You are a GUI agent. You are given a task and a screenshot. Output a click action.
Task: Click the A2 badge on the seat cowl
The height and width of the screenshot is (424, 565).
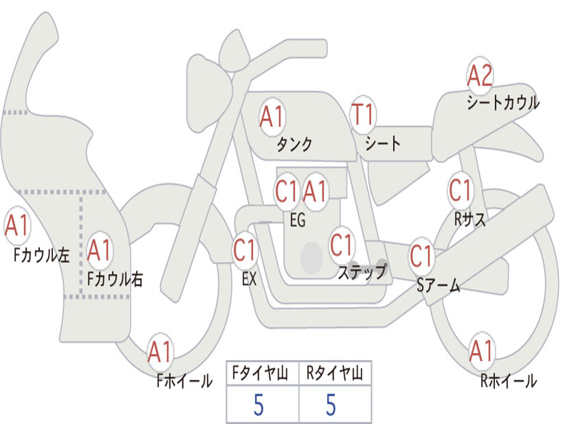[479, 76]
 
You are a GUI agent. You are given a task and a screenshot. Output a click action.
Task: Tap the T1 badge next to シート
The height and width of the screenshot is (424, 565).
[363, 114]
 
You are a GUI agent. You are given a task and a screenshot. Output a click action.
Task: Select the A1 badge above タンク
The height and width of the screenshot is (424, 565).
[271, 116]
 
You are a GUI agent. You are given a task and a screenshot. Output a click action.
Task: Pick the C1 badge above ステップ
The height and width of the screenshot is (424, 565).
[342, 245]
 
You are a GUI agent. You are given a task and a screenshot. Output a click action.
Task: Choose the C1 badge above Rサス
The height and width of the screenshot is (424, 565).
[460, 190]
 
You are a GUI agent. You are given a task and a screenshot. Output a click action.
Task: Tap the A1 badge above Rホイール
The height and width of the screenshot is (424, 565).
[481, 351]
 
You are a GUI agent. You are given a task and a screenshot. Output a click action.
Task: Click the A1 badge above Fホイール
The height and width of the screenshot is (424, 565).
[161, 352]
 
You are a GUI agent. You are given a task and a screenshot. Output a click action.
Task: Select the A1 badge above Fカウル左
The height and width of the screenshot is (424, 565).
[17, 226]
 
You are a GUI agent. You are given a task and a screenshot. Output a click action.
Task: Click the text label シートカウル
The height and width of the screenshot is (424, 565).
[503, 103]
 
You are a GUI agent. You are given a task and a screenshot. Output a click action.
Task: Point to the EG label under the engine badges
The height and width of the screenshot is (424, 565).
[297, 221]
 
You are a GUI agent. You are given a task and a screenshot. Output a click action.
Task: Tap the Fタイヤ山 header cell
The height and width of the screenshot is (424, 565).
[262, 374]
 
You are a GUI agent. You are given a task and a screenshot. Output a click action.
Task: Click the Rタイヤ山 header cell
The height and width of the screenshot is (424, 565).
[335, 374]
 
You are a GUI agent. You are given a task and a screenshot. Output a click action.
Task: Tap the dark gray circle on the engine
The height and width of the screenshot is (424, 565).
[311, 257]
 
